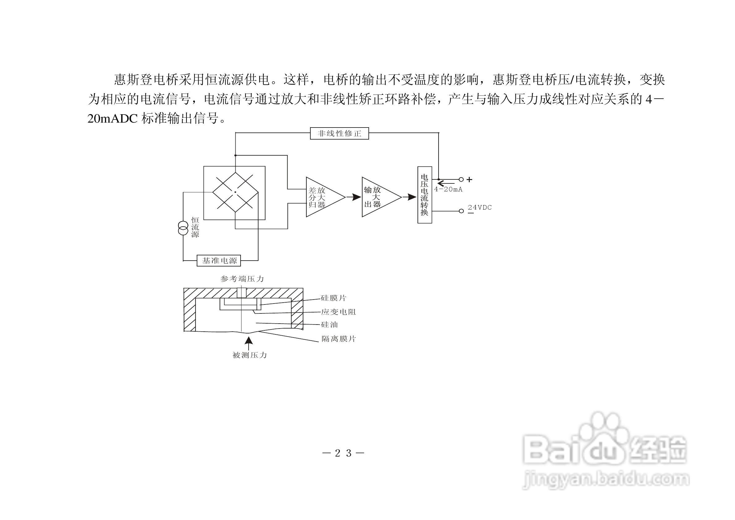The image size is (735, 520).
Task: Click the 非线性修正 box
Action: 339,133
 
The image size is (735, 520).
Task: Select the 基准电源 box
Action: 219,261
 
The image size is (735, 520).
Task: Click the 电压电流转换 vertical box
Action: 424,195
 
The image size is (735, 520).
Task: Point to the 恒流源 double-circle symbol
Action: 183,228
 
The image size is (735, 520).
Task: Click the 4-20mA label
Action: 448,190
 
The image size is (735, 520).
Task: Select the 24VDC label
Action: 480,208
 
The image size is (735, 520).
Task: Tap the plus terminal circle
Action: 461,179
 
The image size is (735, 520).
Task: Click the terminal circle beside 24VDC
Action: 461,211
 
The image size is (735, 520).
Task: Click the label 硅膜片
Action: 334,298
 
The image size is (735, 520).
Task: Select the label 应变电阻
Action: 338,312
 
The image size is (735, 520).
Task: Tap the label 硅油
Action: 329,325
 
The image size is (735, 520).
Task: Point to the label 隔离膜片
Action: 338,339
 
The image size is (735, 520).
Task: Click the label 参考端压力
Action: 242,279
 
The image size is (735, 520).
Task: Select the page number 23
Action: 343,453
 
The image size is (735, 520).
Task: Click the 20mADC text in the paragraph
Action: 112,119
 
